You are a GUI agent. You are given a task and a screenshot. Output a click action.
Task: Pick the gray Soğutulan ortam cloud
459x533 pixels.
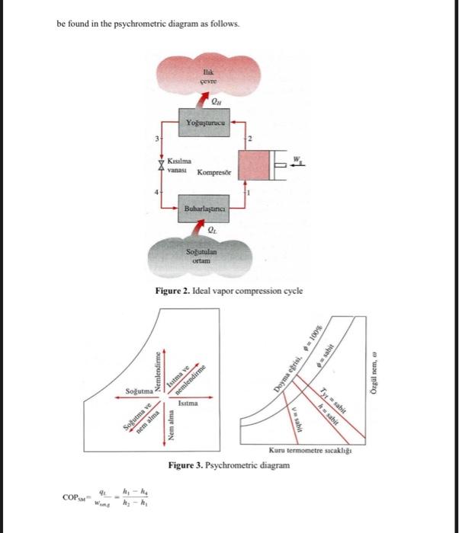coord(204,256)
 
